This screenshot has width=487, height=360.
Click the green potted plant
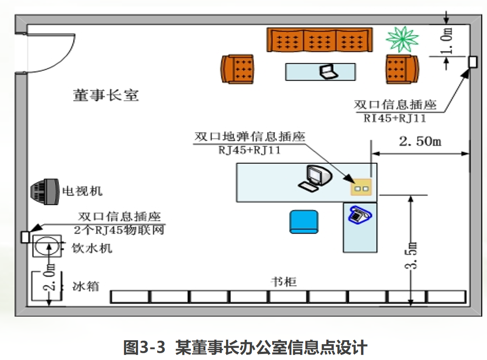[x=402, y=39]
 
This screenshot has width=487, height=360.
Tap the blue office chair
[x=304, y=222]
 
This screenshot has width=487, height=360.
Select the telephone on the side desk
[x=359, y=214]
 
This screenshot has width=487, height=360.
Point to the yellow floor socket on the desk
[x=360, y=188]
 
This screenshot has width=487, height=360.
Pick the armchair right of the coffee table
[x=402, y=68]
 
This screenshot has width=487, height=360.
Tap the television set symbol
[x=44, y=190]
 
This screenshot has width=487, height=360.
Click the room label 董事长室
[x=106, y=95]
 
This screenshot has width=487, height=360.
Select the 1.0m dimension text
[x=447, y=41]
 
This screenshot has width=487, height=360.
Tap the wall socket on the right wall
[x=472, y=62]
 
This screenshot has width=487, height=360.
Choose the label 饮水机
[x=92, y=248]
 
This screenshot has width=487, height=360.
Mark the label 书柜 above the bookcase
[x=284, y=281]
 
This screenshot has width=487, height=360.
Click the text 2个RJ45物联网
[x=119, y=230]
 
